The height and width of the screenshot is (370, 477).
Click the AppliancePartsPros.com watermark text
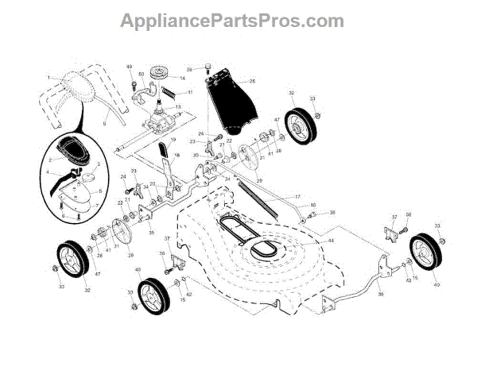(x=232, y=21)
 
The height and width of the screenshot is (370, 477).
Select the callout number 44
(x=331, y=241)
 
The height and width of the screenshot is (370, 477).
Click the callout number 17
(x=297, y=196)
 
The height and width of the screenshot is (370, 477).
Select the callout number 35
(x=152, y=234)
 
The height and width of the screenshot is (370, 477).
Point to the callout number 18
(x=176, y=155)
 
